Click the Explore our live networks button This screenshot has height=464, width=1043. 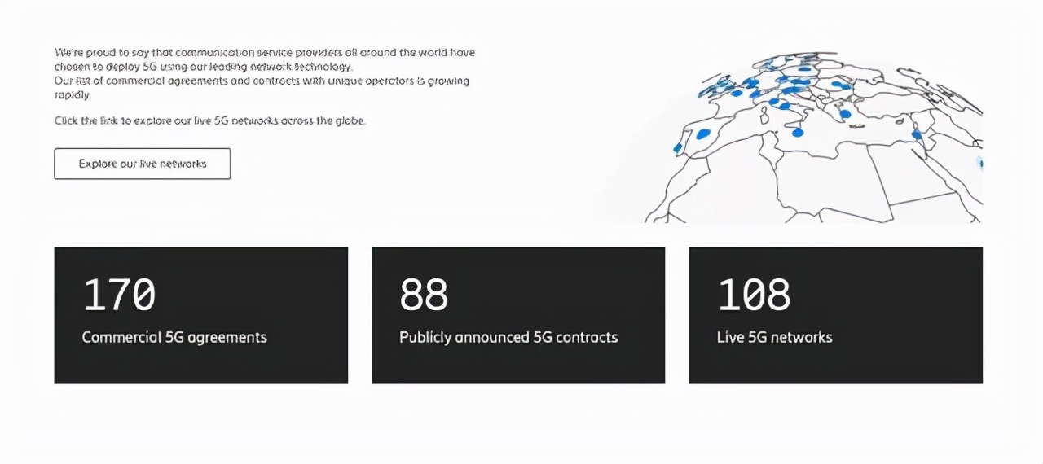point(142,164)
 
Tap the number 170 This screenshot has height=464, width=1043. point(119,295)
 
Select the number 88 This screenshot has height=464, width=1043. point(424,295)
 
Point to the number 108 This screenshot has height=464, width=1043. point(754,295)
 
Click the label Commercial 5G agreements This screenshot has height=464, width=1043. point(174,338)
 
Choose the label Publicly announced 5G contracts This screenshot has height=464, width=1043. point(508,338)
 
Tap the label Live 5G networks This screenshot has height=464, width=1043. point(774,338)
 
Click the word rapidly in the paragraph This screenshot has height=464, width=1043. point(73,95)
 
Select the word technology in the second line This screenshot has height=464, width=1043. point(323,67)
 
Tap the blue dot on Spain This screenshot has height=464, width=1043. point(702,134)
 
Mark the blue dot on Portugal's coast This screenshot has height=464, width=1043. point(677,148)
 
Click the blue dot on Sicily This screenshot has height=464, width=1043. point(798,133)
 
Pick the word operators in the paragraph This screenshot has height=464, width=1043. point(389,81)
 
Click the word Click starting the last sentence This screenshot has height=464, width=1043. point(66,120)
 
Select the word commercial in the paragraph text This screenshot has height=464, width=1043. point(135,81)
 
